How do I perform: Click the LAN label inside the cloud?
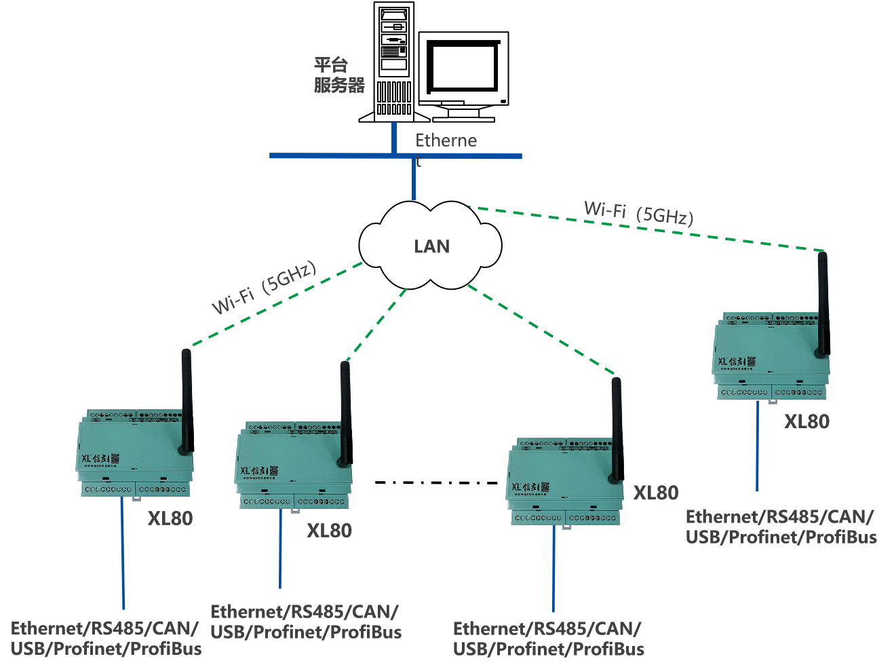point(431,246)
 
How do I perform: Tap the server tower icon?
point(394,62)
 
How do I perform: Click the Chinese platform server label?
point(339,75)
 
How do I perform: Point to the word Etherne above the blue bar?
point(446,140)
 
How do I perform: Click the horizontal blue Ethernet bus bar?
point(339,156)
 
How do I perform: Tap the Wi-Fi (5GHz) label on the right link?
point(638,212)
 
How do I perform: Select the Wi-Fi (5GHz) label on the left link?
point(264,288)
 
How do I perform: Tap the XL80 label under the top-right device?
point(806,421)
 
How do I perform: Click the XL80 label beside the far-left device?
point(170,518)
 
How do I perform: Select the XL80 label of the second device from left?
point(329,531)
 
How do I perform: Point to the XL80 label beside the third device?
point(655,493)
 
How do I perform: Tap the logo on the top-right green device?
point(737,362)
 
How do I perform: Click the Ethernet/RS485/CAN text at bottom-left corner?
point(105,628)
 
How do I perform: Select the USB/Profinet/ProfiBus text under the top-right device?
point(781,537)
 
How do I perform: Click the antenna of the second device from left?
point(345,414)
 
